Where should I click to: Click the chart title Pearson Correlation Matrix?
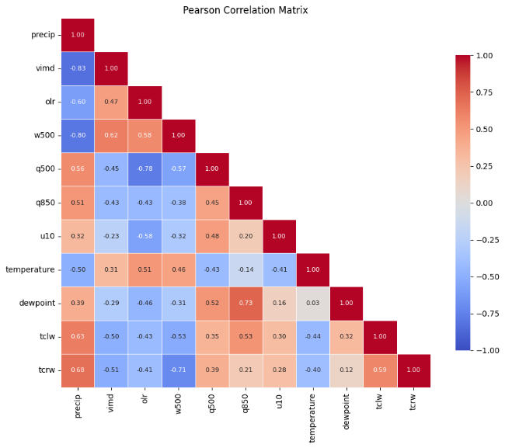(x=246, y=10)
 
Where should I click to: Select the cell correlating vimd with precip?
(x=78, y=68)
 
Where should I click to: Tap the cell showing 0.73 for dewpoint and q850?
(x=246, y=303)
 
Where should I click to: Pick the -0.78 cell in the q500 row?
(x=145, y=168)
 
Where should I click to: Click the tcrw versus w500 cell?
(x=179, y=370)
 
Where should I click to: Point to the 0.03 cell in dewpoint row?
(x=313, y=303)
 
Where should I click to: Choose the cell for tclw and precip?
(x=78, y=336)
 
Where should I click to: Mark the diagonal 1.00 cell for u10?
(x=280, y=236)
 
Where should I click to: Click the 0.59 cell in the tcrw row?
(x=380, y=370)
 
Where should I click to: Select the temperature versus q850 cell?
(x=246, y=269)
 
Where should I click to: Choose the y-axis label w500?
(x=44, y=135)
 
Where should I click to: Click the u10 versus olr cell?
(x=145, y=236)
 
